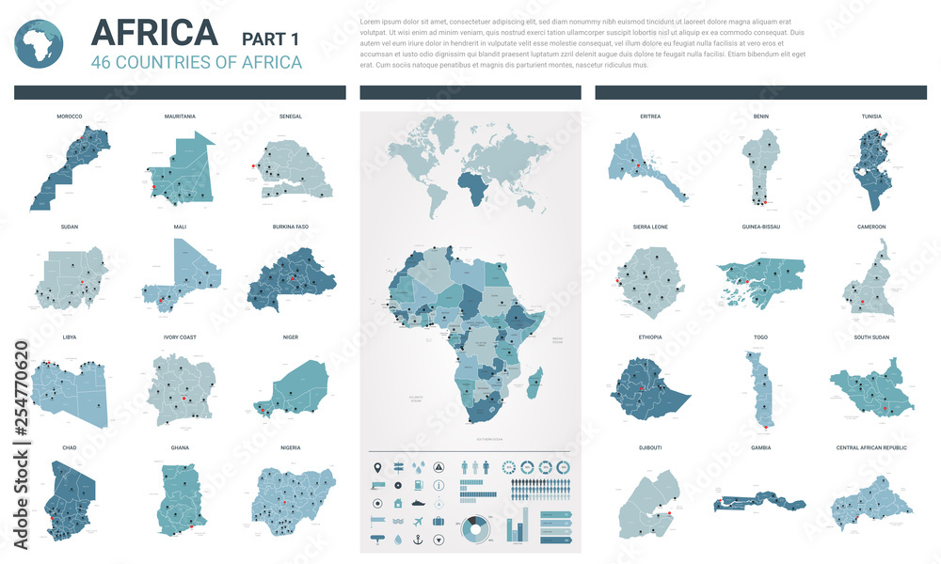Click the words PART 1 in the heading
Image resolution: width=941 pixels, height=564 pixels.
coord(270,39)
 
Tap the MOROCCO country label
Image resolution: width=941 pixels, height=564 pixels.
coord(70,117)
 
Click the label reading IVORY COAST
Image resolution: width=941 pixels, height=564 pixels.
coord(180,337)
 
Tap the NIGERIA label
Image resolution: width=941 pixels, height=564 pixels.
coord(290,447)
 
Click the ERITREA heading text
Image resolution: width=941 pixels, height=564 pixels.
coord(649,117)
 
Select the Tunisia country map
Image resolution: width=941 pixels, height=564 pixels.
coord(870,170)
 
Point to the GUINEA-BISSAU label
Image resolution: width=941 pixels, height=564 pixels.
coord(760,227)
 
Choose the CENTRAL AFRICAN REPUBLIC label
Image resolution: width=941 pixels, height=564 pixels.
coord(871,447)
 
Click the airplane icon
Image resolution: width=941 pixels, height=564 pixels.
coord(418,522)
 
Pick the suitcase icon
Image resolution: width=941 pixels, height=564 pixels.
coord(438,521)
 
